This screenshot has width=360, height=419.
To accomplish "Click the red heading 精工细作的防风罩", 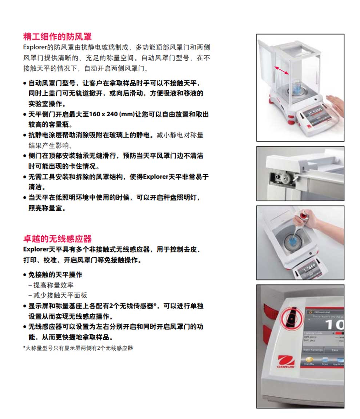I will click(57, 36).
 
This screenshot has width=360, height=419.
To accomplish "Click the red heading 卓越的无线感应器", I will click(57, 239).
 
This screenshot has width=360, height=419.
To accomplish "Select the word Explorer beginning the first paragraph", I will click(33, 47).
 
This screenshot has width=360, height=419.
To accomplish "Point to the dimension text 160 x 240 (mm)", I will click(113, 114).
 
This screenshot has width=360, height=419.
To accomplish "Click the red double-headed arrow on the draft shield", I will click(282, 70).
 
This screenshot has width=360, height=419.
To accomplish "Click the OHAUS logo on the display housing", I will click(287, 362).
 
